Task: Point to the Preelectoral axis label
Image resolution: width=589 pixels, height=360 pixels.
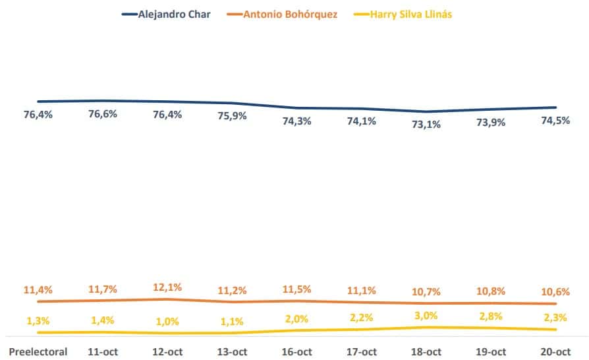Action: [38, 351]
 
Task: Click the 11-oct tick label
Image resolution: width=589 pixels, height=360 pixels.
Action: [103, 351]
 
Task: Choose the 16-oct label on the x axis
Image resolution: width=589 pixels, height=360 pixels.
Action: [296, 351]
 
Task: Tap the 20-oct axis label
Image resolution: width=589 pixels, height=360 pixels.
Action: [555, 351]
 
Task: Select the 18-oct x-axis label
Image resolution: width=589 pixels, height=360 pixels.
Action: [426, 351]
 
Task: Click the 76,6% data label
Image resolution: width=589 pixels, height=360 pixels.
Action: [103, 114]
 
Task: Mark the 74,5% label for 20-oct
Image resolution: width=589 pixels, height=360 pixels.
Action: [555, 120]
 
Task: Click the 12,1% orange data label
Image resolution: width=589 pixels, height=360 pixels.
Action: [167, 287]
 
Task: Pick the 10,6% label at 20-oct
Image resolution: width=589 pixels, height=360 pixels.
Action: [555, 292]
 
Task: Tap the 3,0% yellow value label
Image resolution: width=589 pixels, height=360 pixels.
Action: [426, 315]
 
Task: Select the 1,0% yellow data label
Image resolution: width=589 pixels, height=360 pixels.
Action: [167, 321]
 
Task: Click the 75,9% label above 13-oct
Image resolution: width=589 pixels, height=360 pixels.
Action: [232, 116]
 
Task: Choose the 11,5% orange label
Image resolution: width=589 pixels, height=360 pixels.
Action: [296, 289]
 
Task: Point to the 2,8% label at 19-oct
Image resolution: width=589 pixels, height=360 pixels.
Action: [490, 316]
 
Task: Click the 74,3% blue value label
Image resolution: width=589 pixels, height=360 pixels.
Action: [296, 121]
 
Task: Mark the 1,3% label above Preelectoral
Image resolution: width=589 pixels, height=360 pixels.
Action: [38, 320]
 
